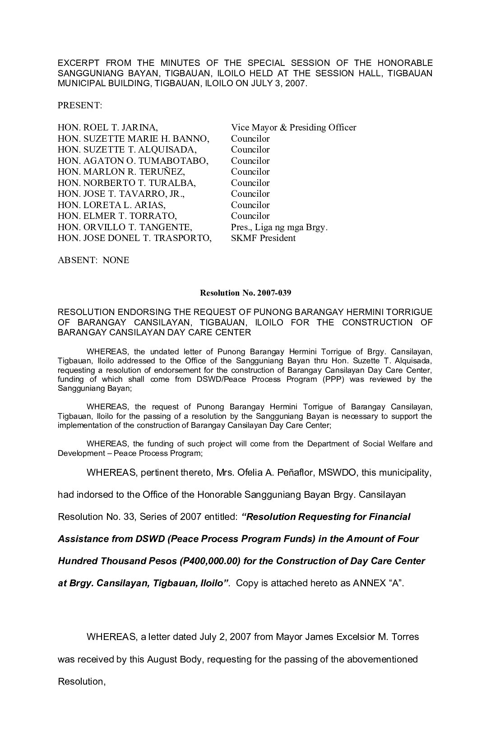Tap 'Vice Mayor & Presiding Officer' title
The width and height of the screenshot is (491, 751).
(x=293, y=128)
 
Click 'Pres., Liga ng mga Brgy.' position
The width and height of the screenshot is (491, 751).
(x=279, y=227)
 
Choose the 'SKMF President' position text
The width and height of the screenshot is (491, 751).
(x=263, y=238)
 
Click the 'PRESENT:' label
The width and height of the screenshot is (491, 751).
(x=80, y=106)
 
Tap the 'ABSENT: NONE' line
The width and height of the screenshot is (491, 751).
(x=93, y=260)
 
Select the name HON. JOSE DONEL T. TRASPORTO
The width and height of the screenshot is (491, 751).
(x=134, y=238)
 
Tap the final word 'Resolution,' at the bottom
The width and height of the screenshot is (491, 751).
(x=82, y=681)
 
